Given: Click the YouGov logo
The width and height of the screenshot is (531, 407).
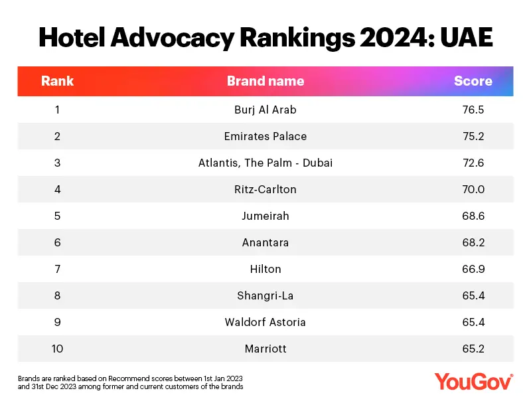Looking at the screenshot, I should point(474,381).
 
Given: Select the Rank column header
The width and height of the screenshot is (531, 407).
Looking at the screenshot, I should point(57,81).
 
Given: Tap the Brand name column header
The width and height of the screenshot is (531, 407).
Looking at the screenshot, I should point(265,81).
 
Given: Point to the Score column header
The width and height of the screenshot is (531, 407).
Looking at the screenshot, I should point(473,81).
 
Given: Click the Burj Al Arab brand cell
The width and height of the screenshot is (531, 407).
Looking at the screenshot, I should point(265,110).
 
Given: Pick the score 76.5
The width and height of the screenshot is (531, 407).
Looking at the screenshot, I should point(473,110).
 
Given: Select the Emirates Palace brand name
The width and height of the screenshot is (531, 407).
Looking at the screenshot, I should point(265,136).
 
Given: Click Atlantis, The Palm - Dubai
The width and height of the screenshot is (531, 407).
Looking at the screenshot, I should point(265,163).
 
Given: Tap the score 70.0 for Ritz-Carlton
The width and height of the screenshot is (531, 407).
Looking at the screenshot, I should point(473,189).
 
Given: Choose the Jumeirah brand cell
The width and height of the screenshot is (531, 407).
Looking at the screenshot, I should point(265,216).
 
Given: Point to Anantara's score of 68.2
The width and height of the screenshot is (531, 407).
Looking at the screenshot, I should point(473,242).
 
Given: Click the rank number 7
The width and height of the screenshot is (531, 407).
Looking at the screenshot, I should point(57,269).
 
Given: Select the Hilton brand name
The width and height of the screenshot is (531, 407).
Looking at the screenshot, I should point(265,269).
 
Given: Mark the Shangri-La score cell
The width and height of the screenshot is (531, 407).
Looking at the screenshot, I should point(473,295).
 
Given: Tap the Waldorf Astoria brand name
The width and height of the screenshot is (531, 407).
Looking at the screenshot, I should point(265,322).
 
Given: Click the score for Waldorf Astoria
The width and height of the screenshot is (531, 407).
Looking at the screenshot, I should point(473,322).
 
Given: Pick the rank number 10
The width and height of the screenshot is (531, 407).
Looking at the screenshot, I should point(57,349).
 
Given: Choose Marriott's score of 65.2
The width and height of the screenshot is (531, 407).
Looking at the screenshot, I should point(473,349).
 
